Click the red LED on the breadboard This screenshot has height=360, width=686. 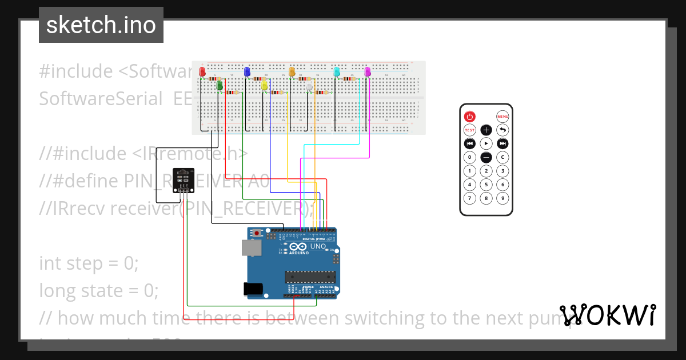click(x=202, y=72)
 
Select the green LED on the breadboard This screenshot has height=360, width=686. click(x=219, y=85)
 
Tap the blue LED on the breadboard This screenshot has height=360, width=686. click(x=247, y=72)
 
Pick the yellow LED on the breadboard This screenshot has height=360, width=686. click(x=264, y=86)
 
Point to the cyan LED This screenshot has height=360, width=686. click(x=337, y=72)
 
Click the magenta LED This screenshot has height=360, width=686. click(x=368, y=72)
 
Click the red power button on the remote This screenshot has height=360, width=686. click(x=469, y=116)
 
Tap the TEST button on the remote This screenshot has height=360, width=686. click(x=469, y=130)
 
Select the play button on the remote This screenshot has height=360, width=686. click(x=486, y=143)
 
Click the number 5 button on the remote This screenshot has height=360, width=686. click(x=486, y=185)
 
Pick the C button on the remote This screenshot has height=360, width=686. click(x=502, y=157)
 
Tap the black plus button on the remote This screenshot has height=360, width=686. click(x=486, y=130)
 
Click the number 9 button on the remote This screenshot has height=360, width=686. click(x=502, y=198)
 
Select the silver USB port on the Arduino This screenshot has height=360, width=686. click(x=249, y=247)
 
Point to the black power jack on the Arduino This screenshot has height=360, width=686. click(x=253, y=289)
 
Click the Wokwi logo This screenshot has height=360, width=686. click(x=608, y=315)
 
